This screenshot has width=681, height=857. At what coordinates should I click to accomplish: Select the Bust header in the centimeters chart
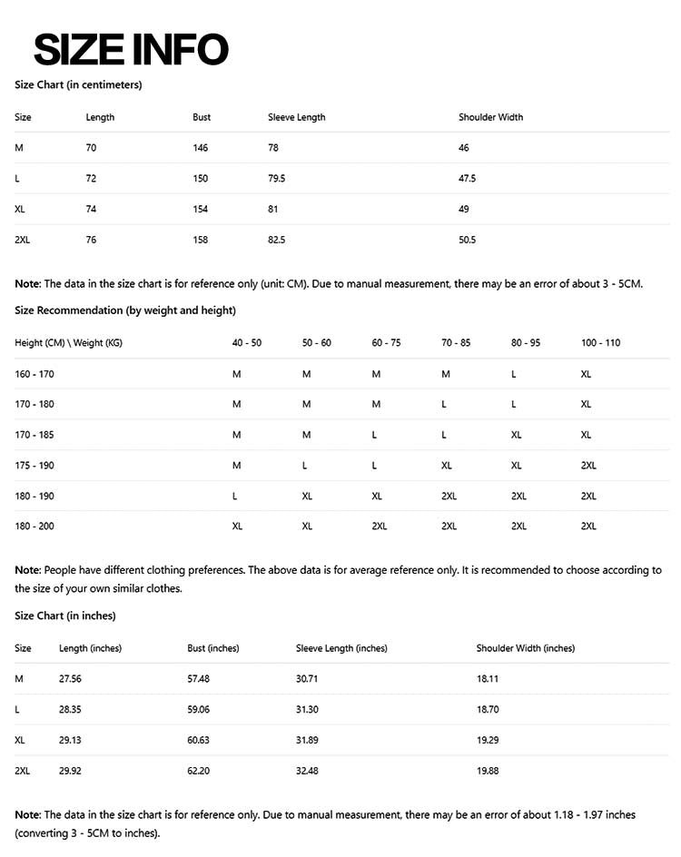click(x=202, y=117)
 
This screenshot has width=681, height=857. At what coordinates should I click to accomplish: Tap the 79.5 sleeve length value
click(x=277, y=179)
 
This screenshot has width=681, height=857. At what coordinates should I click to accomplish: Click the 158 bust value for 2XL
click(x=201, y=240)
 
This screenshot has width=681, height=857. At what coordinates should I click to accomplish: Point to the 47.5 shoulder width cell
click(x=468, y=179)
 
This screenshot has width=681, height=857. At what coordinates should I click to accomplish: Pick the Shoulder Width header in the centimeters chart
click(x=490, y=117)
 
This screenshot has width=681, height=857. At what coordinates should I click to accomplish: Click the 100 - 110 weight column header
click(x=600, y=342)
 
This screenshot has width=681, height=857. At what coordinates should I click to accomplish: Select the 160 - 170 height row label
click(x=35, y=373)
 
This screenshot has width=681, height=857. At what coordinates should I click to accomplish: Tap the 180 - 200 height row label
click(x=35, y=526)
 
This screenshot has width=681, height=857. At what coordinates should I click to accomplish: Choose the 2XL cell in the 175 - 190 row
click(x=588, y=465)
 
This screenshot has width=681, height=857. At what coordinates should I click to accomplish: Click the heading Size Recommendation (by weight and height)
click(x=125, y=310)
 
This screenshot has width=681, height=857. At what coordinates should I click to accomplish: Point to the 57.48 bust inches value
click(x=198, y=678)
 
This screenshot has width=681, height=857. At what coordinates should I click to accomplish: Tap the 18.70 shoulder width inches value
click(x=488, y=709)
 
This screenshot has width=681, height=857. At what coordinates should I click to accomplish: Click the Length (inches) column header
click(x=90, y=648)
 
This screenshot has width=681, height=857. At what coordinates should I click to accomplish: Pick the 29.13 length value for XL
click(x=70, y=740)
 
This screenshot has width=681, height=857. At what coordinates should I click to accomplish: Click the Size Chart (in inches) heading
click(x=65, y=616)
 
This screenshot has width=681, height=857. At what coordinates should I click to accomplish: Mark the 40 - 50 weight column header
click(x=247, y=342)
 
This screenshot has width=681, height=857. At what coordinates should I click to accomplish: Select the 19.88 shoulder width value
click(x=488, y=770)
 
